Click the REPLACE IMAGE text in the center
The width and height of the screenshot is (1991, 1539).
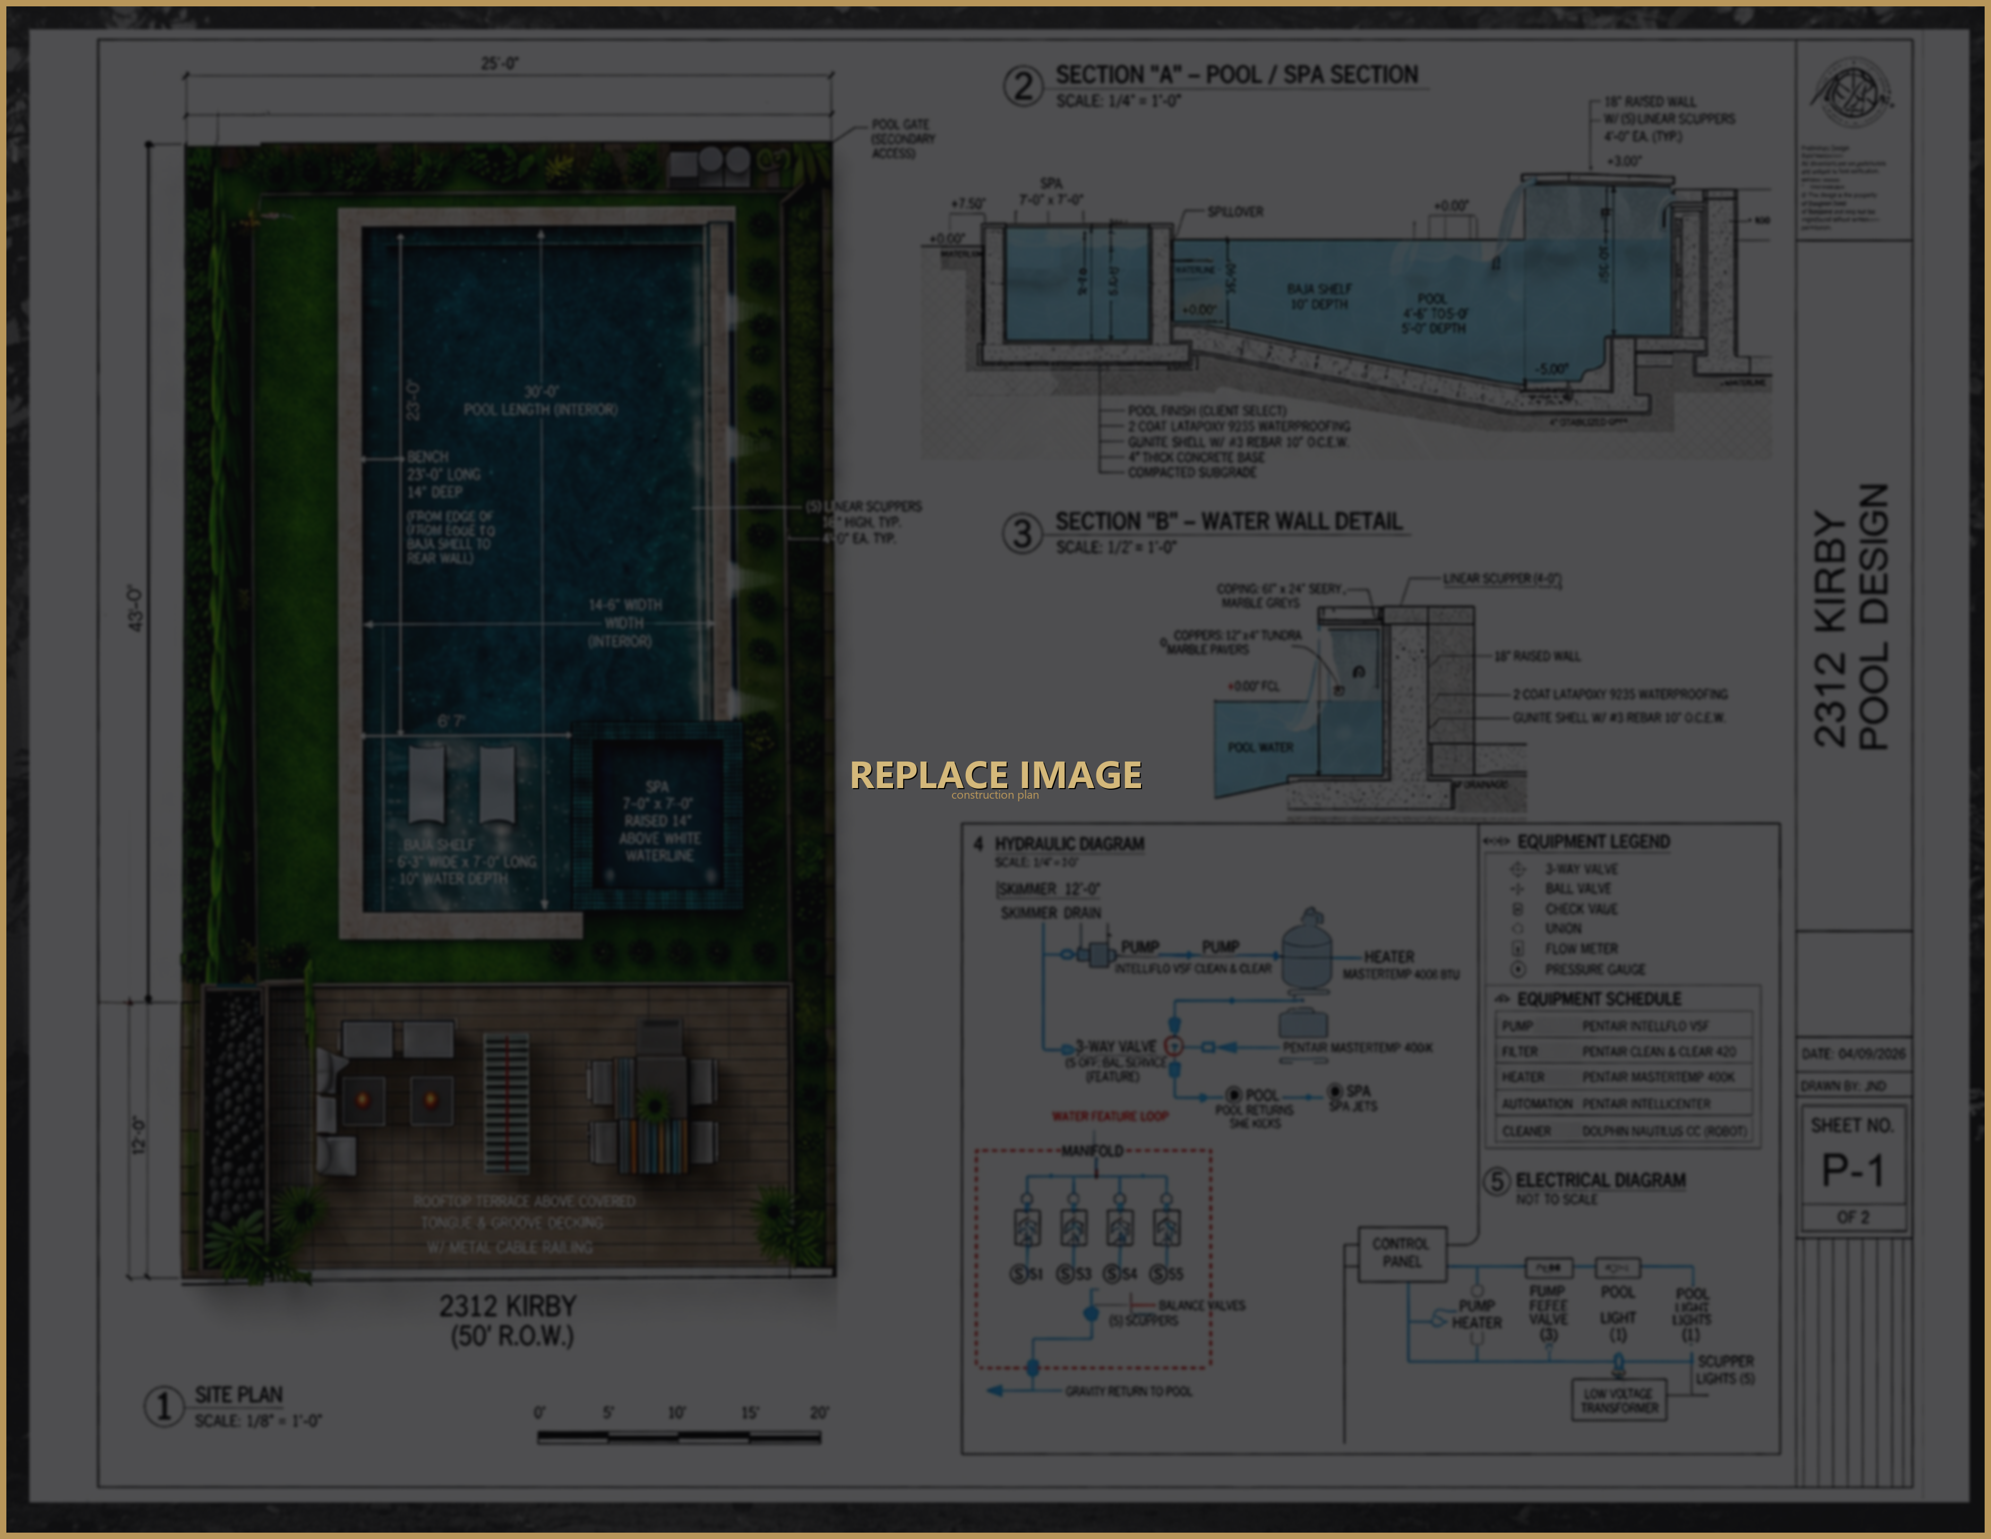coord(996,775)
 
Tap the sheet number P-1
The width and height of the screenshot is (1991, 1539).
coord(1851,1170)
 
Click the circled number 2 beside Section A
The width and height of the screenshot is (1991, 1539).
coord(1023,87)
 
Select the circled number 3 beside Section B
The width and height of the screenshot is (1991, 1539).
coord(1023,533)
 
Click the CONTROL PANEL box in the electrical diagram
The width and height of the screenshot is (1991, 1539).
coord(1401,1253)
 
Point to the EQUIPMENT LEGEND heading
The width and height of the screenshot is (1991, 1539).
coord(1593,842)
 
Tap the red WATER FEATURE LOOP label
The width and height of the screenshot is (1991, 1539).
coord(1110,1116)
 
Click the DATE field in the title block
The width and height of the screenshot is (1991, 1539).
coord(1852,1054)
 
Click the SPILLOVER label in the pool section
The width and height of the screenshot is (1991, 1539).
coord(1235,211)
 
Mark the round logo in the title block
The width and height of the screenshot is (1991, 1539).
coord(1851,94)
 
